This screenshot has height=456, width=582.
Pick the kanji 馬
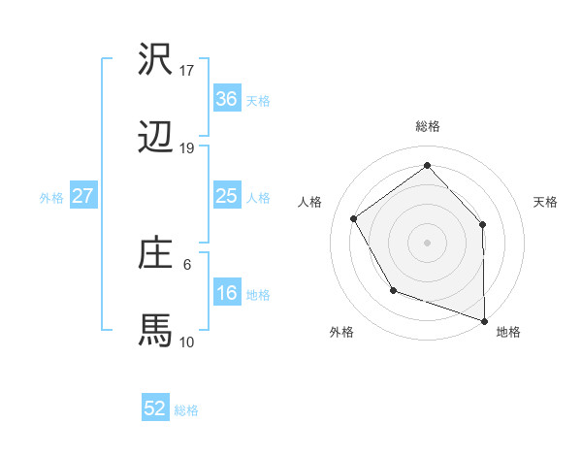tap(156, 329)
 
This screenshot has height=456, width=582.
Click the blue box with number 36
tap(226, 99)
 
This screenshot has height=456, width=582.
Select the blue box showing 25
tap(226, 196)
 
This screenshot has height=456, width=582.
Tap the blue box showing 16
tap(226, 293)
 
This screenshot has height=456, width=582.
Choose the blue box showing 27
tap(82, 196)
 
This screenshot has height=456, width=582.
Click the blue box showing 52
tap(155, 408)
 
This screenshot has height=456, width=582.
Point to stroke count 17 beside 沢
tap(187, 71)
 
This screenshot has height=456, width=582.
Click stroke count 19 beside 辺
tap(187, 148)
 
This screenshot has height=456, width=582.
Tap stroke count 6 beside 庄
tap(187, 263)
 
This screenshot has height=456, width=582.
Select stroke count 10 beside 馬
tap(187, 342)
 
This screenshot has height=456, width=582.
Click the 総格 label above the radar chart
tap(428, 127)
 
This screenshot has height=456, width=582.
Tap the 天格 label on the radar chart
tap(545, 202)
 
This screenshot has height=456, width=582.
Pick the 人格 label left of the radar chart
tap(310, 202)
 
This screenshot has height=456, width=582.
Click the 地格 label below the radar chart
tap(508, 333)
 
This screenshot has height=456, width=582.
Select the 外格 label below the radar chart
tap(341, 333)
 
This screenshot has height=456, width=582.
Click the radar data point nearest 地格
tap(484, 319)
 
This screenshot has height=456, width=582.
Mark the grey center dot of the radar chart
tap(427, 241)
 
